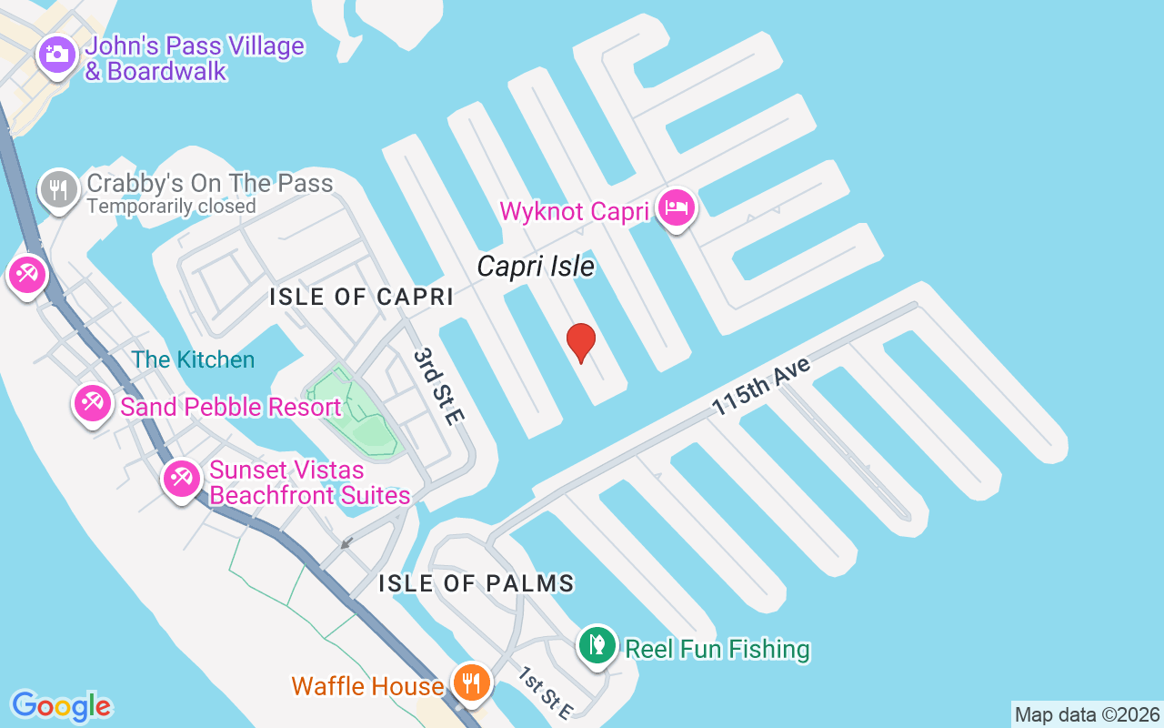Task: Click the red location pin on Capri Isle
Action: pos(580,342)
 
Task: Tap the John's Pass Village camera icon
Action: pos(56,54)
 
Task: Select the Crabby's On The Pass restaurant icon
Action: pos(59,189)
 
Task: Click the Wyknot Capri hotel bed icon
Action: pos(676,207)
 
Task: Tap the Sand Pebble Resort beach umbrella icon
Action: pos(92,402)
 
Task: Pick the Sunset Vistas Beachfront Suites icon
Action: pos(181,477)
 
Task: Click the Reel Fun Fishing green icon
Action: pos(597,645)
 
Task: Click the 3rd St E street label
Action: pos(439,386)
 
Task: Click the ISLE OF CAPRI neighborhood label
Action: pos(361,297)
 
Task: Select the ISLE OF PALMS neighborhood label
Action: pos(477,583)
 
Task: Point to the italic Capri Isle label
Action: pos(536,267)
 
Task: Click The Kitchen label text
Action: pos(193,359)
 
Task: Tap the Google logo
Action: pos(61,706)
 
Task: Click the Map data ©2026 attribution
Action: pos(1087,714)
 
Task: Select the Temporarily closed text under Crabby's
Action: pos(171,207)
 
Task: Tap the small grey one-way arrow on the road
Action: pos(345,544)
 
